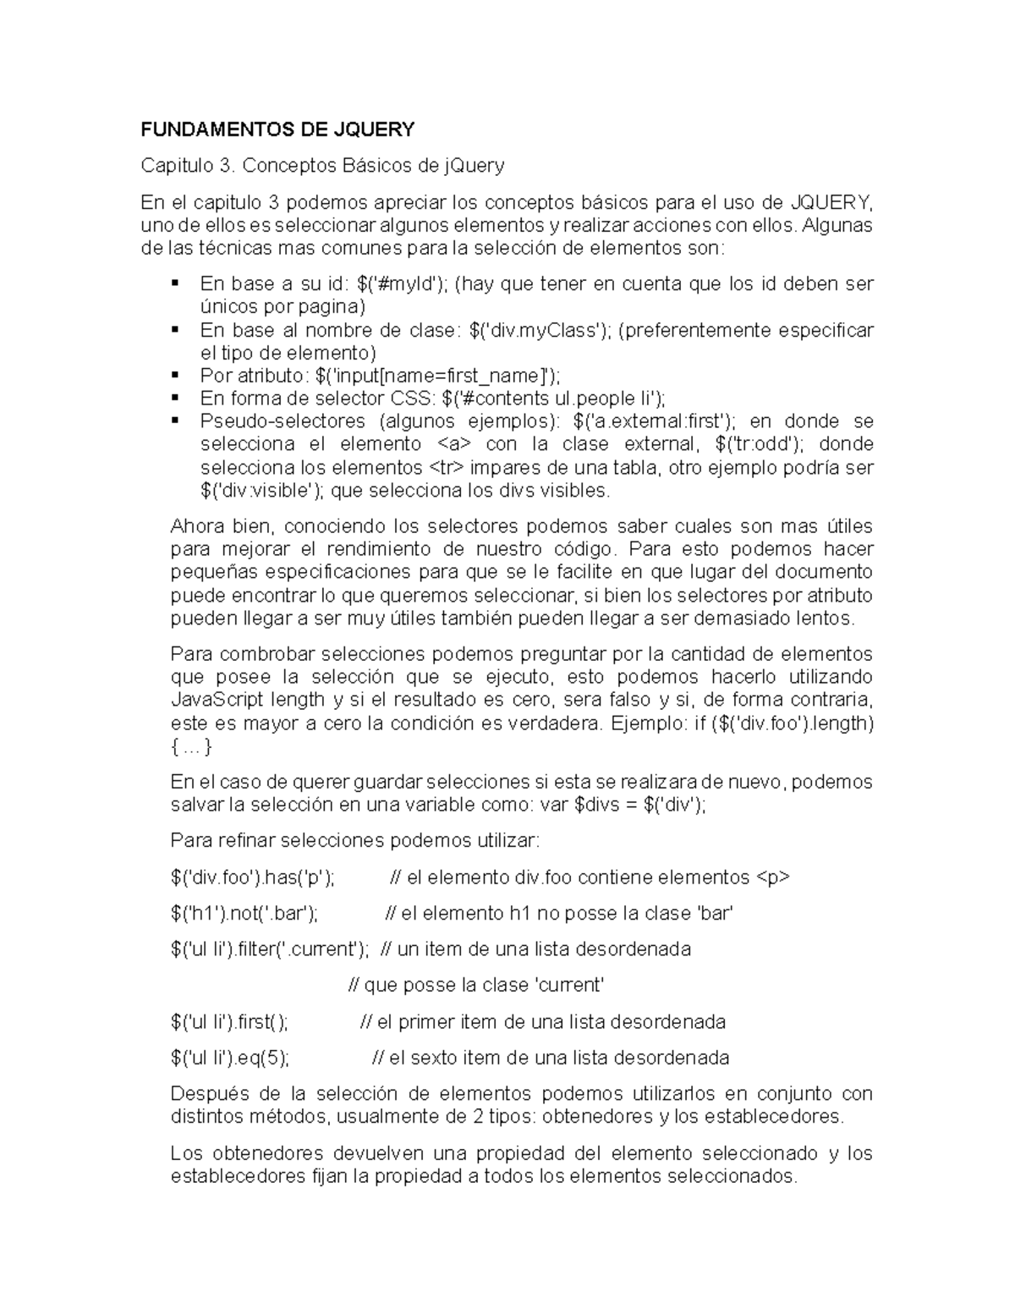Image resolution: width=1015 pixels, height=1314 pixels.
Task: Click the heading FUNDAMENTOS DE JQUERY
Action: [277, 129]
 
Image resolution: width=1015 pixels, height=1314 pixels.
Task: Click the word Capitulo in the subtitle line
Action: [185, 165]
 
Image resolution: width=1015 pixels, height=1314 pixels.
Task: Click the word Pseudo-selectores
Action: [283, 421]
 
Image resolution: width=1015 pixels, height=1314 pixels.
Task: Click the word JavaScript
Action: [217, 701]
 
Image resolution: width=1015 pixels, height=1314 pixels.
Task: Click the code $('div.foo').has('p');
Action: [252, 878]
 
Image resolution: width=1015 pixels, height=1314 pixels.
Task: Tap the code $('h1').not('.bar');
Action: [244, 914]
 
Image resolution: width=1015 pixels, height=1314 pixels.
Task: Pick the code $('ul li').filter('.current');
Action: [269, 949]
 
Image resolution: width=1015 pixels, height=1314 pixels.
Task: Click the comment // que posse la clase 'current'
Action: [476, 986]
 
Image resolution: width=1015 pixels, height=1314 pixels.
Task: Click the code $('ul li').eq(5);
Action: [230, 1058]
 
